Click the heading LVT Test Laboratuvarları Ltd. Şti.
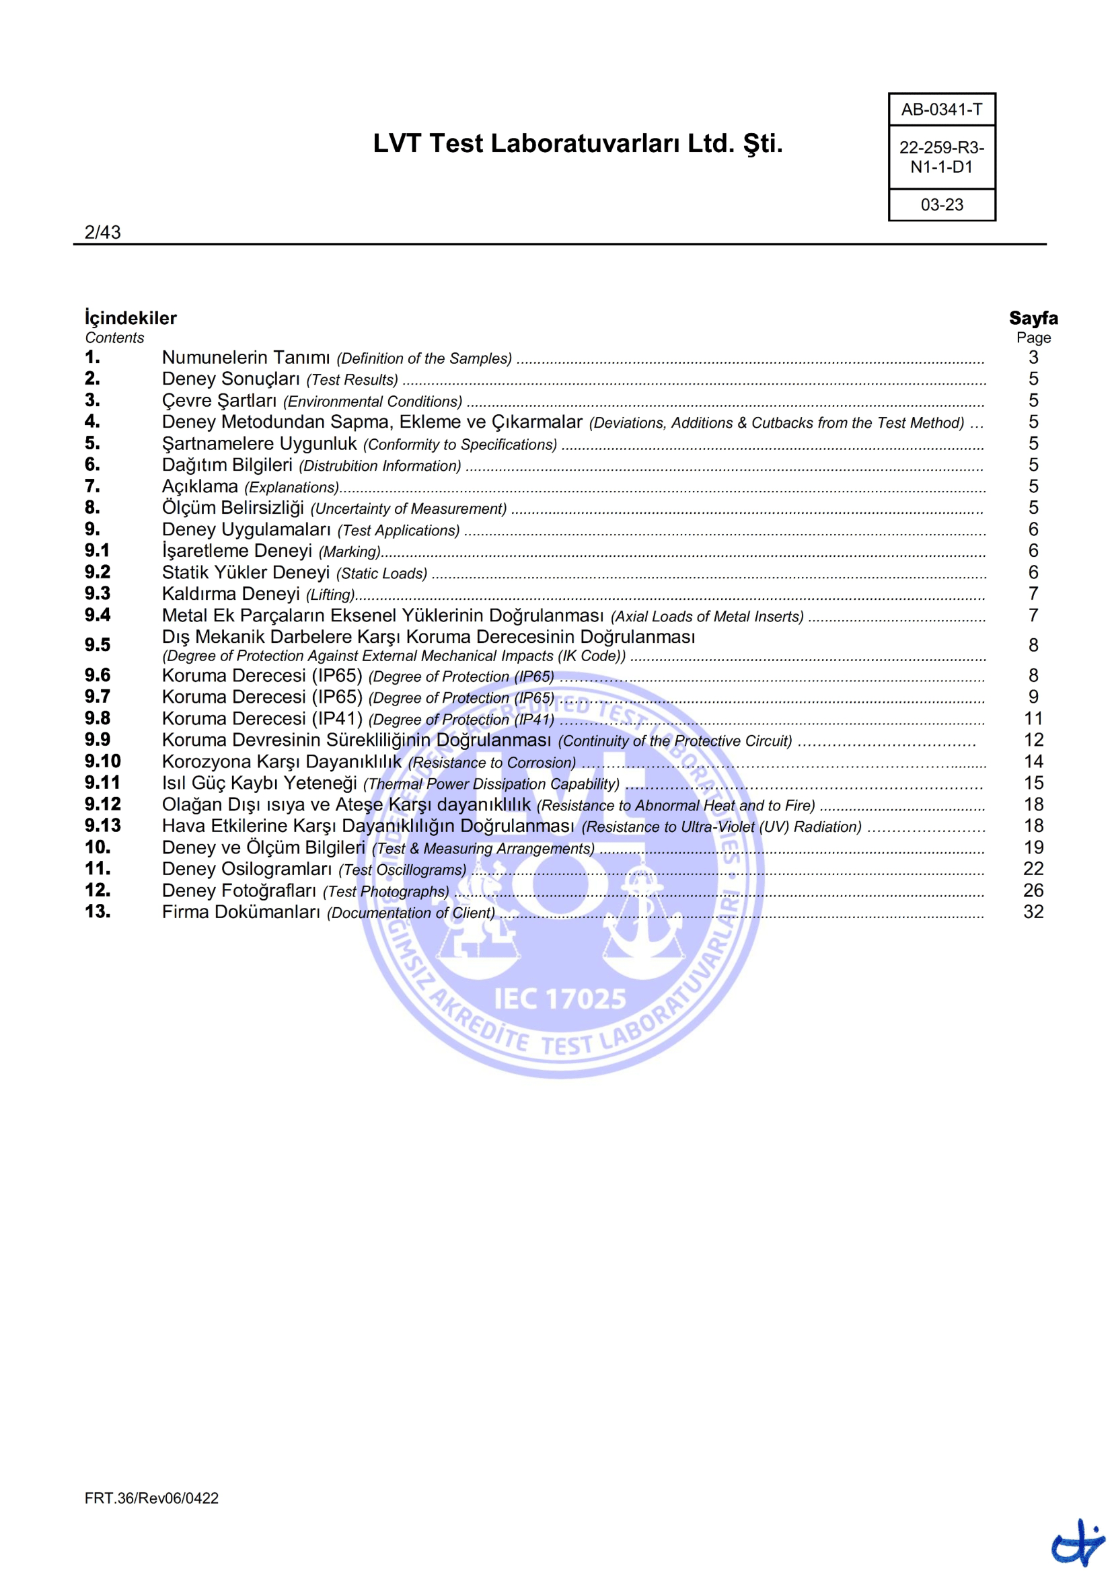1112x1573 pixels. coord(577,144)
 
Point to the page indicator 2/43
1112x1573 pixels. coord(102,232)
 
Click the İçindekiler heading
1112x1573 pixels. coord(131,318)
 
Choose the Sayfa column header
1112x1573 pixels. coord(1033,318)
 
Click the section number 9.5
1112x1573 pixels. coord(98,645)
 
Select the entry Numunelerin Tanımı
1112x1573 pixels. coord(246,358)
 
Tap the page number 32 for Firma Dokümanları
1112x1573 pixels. coord(1033,912)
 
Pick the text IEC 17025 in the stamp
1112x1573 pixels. coord(560,999)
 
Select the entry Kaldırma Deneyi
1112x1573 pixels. coord(230,594)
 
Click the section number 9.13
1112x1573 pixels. coord(102,826)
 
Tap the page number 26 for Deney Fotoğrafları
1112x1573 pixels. coord(1033,890)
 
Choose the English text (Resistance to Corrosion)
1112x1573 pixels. coord(492,763)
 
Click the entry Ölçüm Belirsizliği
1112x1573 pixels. coord(232,508)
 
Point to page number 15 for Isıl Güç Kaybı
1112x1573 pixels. coord(1033,783)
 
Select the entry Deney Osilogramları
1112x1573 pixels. coord(247,869)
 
